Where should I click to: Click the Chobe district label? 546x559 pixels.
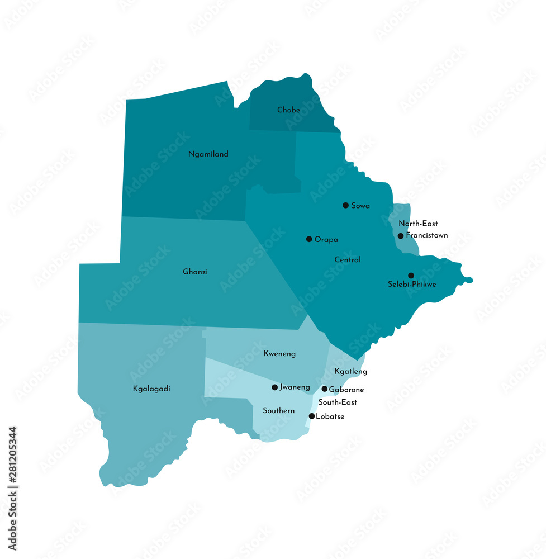click(288, 110)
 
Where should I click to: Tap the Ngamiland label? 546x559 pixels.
click(208, 154)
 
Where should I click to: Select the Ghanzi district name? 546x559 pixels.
click(195, 272)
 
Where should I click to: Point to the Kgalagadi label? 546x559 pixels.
click(151, 389)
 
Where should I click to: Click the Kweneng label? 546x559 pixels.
click(279, 354)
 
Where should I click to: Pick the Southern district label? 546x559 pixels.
click(278, 411)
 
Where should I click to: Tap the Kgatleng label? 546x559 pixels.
click(350, 372)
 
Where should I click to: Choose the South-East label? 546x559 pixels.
click(338, 402)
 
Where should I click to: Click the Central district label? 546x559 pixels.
click(347, 260)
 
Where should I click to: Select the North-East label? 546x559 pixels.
click(418, 224)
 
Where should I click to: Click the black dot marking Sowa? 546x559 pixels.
click(345, 205)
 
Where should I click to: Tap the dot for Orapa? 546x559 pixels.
click(309, 239)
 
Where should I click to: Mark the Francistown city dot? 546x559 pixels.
click(400, 236)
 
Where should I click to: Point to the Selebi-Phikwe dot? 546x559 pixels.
click(411, 276)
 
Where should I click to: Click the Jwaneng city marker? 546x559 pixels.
click(274, 387)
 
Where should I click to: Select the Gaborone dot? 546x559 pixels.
click(324, 389)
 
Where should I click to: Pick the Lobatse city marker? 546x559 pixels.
click(311, 416)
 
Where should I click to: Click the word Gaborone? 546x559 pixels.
click(346, 390)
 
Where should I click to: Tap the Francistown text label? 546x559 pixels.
click(427, 235)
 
